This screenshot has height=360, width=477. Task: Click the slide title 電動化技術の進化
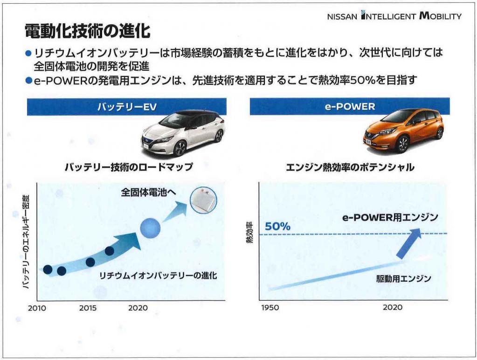point(88,31)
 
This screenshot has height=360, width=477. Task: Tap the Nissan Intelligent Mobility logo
point(394,15)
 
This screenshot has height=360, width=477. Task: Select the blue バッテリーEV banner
point(126,106)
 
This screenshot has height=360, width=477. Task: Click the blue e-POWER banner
point(350,106)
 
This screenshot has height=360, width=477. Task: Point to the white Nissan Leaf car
point(183,132)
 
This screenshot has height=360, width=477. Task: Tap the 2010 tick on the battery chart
point(37,308)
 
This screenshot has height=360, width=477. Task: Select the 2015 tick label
point(88,308)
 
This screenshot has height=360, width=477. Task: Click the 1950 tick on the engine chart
point(270,308)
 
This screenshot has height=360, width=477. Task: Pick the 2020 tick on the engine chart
point(393,307)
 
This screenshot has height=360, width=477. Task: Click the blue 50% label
point(277,227)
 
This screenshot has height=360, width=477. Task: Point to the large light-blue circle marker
point(150,228)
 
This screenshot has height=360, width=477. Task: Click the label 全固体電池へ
point(148,192)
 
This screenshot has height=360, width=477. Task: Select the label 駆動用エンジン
point(403,278)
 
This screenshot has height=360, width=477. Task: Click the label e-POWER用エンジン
point(390,217)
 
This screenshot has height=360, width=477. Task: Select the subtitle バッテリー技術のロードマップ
point(129,167)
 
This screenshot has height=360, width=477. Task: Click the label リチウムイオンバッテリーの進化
point(158,276)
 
